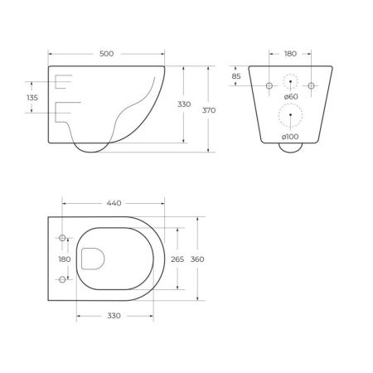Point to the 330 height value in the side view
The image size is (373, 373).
[184, 104]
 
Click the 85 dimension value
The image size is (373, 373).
[237, 77]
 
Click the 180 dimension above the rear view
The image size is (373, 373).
[290, 54]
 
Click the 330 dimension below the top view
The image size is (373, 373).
[113, 316]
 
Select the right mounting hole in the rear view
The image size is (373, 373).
[311, 85]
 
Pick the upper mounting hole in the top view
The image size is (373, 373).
[61, 239]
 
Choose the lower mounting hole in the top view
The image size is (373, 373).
[61, 280]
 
